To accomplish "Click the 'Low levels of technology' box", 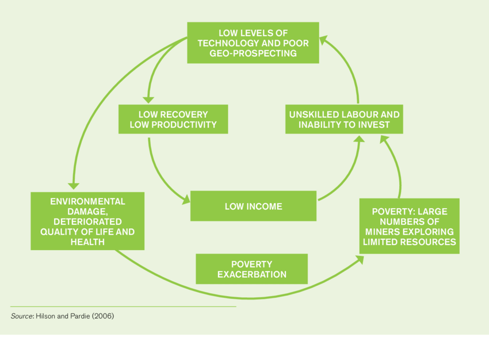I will click(253, 43).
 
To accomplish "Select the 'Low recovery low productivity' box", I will click(173, 119).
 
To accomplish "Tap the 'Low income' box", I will click(253, 206).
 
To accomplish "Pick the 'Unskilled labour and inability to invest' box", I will click(344, 119).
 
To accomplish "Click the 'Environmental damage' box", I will click(87, 221).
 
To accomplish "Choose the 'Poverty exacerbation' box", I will click(251, 269).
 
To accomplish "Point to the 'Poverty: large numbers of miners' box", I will click(409, 226).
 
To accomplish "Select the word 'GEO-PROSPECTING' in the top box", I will click(253, 53).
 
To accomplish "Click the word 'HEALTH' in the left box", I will click(87, 242).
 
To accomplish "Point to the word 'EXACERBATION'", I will click(251, 274).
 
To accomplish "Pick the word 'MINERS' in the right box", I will click(381, 232).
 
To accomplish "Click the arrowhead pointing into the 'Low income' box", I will click(186, 201).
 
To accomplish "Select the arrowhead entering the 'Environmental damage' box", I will click(73, 185).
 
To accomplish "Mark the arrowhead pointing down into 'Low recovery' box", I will click(148, 99).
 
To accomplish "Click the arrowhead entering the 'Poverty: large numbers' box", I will click(360, 259).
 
